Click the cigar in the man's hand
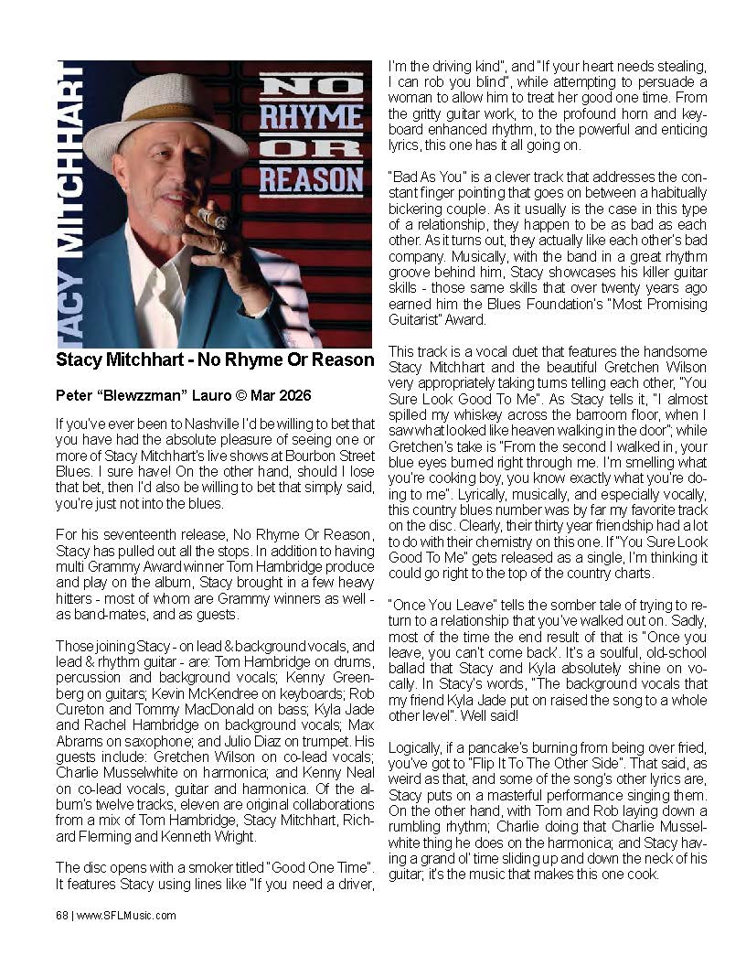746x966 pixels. coord(212,218)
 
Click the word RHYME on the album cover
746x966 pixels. coord(311,119)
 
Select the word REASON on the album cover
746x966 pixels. coord(311,177)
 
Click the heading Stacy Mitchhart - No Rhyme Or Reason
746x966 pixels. coord(215,360)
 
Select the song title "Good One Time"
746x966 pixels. coord(311,867)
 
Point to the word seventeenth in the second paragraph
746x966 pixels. coord(132,533)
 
